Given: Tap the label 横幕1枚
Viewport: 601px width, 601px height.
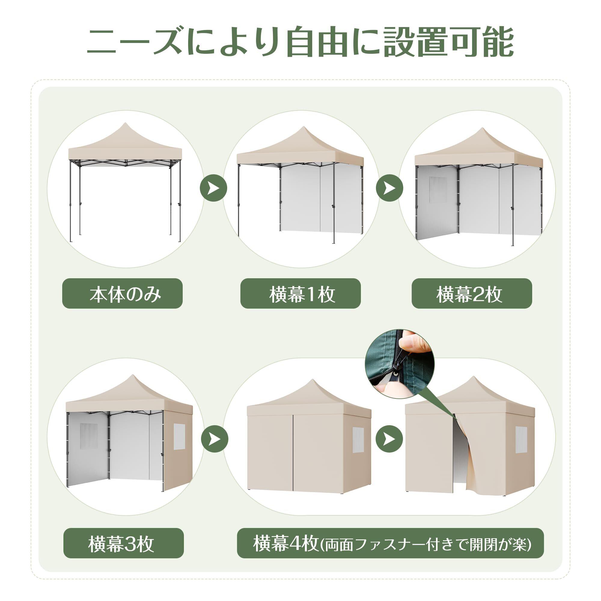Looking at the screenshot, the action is pyautogui.click(x=300, y=294).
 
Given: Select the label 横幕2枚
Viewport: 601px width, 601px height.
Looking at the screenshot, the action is pyautogui.click(x=472, y=294).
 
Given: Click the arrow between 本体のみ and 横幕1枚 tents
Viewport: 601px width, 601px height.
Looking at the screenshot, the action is pyautogui.click(x=213, y=188).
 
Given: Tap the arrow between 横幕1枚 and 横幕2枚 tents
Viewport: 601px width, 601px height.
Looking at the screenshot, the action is pyautogui.click(x=390, y=188).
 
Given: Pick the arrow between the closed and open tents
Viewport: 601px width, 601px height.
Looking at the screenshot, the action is pyautogui.click(x=389, y=439).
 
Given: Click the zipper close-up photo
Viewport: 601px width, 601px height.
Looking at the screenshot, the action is pyautogui.click(x=400, y=364).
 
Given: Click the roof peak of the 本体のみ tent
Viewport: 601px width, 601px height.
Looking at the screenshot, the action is pyautogui.click(x=126, y=123).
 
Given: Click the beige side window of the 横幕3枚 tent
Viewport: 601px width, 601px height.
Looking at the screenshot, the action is pyautogui.click(x=179, y=436).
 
